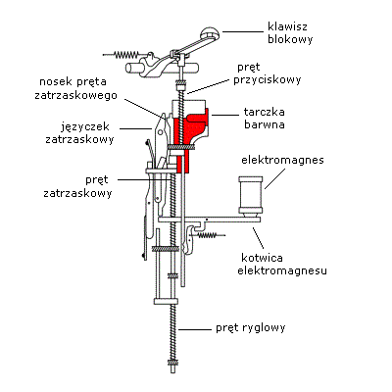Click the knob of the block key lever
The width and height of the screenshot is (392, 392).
[x=210, y=33]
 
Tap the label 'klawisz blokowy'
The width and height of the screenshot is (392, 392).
[x=290, y=32]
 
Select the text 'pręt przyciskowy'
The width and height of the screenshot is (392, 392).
[x=268, y=73]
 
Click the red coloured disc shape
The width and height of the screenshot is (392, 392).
[x=189, y=137]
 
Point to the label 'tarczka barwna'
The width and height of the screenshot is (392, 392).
[x=265, y=118]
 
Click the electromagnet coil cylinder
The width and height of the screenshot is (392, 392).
[x=251, y=195]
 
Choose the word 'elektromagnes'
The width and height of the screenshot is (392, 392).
[x=282, y=160]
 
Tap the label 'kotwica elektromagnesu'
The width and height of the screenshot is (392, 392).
[x=282, y=265]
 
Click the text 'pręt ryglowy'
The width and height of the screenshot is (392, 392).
[x=251, y=327]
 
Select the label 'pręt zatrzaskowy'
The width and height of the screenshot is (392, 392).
[x=77, y=186]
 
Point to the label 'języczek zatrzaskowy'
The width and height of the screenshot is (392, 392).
[x=79, y=133]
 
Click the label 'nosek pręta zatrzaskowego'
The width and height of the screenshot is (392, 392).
[x=75, y=88]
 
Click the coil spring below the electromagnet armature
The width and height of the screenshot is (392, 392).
[x=209, y=235]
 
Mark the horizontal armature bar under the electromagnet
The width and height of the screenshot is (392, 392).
[x=209, y=220]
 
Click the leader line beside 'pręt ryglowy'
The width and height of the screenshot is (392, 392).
[x=195, y=329]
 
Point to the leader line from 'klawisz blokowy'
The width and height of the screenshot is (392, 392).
[x=243, y=31]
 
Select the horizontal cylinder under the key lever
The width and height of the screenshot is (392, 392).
[x=163, y=68]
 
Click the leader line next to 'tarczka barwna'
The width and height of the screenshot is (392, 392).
[x=225, y=115]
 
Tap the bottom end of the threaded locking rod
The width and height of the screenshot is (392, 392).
[x=173, y=371]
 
